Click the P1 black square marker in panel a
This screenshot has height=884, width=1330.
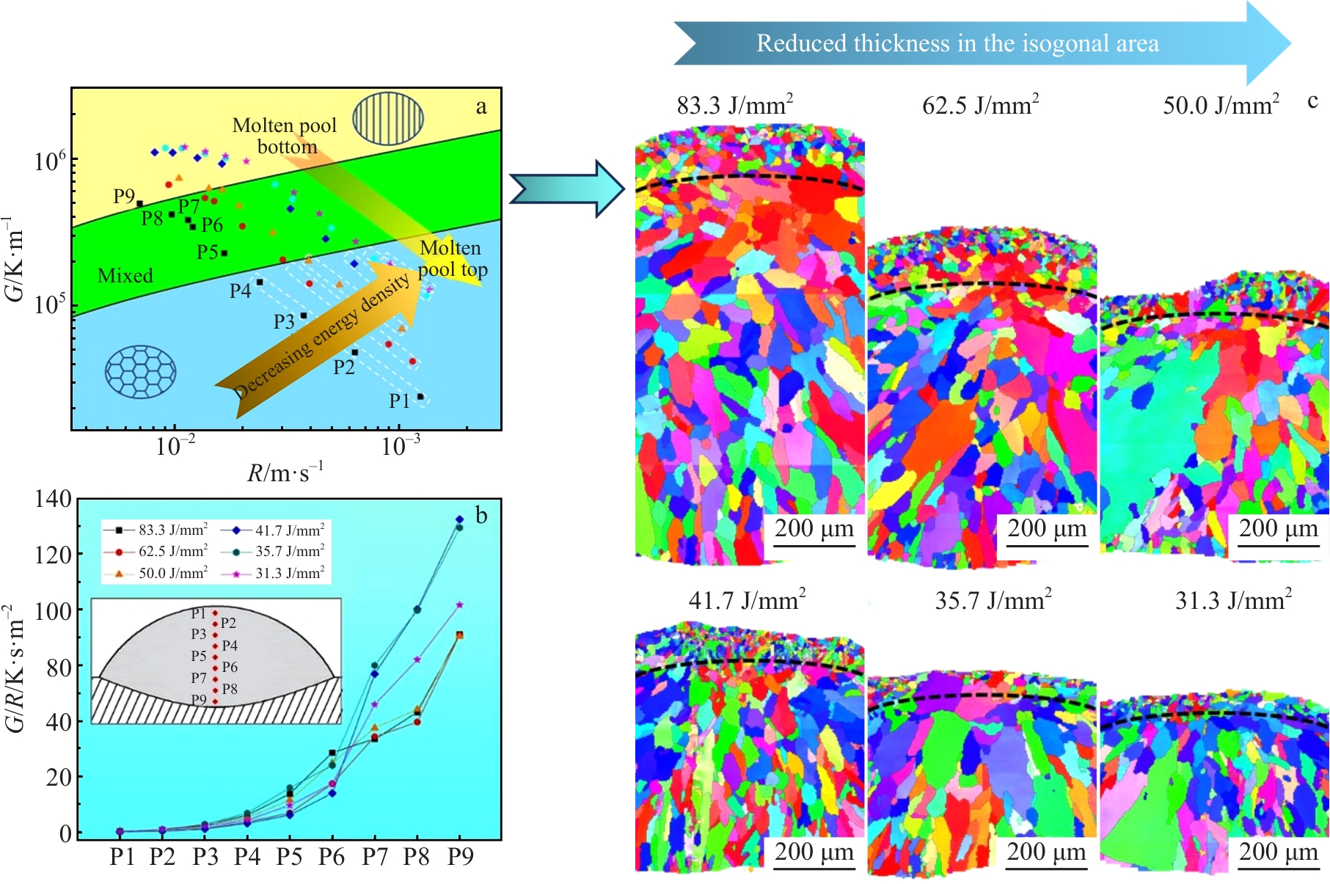pyautogui.click(x=420, y=397)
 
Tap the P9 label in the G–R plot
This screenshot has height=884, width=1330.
pyautogui.click(x=124, y=196)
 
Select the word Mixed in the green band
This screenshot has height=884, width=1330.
pyautogui.click(x=125, y=276)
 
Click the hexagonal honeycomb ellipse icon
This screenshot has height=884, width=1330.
pyautogui.click(x=140, y=372)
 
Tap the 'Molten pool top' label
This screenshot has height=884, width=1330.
pyautogui.click(x=452, y=259)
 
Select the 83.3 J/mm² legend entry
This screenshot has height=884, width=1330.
pyautogui.click(x=172, y=530)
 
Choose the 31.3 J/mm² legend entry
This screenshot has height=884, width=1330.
pyautogui.click(x=289, y=573)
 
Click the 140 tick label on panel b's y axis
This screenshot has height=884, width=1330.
pyautogui.click(x=53, y=500)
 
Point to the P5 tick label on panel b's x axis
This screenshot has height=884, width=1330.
pyautogui.click(x=289, y=857)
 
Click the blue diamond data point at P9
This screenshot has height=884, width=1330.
pyautogui.click(x=460, y=519)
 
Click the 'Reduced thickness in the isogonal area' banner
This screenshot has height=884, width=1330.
pyautogui.click(x=957, y=43)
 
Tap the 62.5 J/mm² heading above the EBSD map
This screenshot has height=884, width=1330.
pyautogui.click(x=980, y=106)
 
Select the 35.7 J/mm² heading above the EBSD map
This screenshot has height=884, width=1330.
pyautogui.click(x=993, y=601)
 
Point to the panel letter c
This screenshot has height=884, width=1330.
pyautogui.click(x=1312, y=101)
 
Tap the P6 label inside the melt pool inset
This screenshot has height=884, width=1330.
pyautogui.click(x=230, y=667)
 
